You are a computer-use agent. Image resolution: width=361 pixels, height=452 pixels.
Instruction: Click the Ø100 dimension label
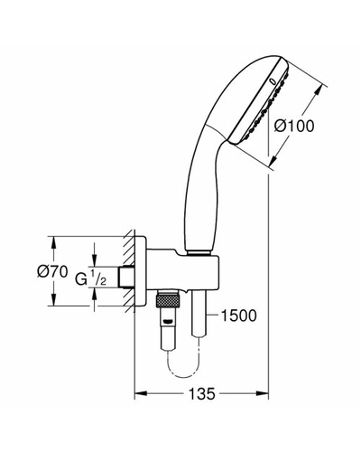click(294, 126)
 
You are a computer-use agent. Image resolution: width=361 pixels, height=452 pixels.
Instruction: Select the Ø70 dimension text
click(52, 272)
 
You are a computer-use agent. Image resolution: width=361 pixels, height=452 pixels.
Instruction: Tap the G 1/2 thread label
click(90, 278)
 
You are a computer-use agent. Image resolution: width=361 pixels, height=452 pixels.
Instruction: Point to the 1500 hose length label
click(239, 315)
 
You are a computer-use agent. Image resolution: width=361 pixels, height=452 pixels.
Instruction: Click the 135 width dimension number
click(202, 393)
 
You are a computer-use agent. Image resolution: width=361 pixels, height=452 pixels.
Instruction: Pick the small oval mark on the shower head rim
click(273, 81)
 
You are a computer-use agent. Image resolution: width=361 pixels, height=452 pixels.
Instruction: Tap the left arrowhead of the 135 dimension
click(141, 393)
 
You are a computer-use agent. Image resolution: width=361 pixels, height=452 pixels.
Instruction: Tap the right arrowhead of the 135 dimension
click(262, 393)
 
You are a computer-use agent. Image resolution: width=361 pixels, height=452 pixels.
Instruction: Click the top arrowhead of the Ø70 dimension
click(53, 242)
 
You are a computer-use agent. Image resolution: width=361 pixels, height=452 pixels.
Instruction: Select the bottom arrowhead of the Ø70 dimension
click(53, 300)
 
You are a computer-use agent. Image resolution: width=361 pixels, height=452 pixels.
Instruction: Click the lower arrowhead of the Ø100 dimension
click(274, 160)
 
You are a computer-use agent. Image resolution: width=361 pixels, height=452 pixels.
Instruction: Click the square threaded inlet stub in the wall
click(126, 277)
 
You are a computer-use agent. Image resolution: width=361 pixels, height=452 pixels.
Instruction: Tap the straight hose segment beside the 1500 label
click(199, 314)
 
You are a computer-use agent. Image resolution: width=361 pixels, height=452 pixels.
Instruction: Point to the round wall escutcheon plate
click(141, 271)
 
